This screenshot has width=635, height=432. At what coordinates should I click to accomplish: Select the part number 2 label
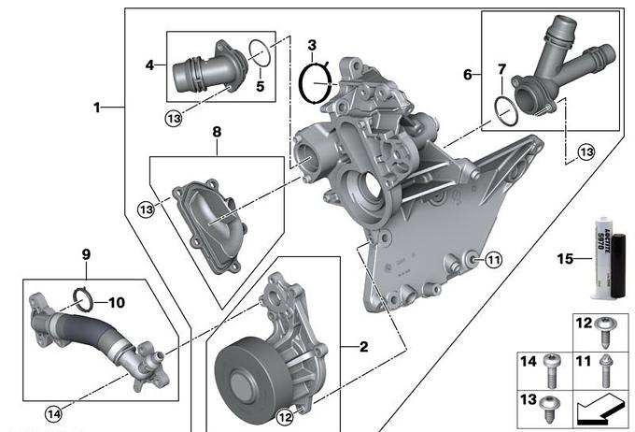tap(364, 347)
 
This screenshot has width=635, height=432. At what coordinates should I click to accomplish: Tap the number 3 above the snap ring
tap(312, 45)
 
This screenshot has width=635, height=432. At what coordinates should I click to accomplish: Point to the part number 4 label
tap(149, 65)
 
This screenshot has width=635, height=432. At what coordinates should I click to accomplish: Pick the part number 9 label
tap(85, 253)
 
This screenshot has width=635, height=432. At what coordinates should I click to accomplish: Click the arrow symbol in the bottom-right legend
tap(603, 408)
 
